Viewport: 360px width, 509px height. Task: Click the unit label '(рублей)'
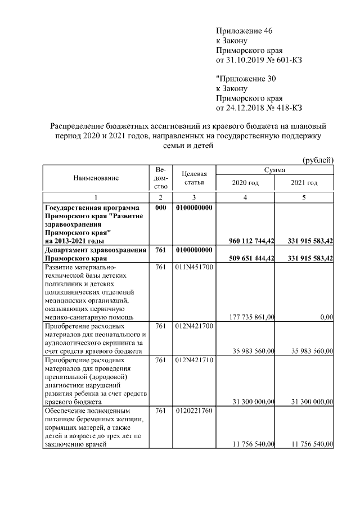318,160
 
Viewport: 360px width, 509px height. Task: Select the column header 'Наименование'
96,178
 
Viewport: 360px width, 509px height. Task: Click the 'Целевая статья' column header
193,178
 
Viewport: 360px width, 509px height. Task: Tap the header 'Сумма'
274,169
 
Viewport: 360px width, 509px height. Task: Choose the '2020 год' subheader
245,183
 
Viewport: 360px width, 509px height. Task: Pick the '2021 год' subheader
304,183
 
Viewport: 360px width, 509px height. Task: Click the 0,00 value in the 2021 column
326,317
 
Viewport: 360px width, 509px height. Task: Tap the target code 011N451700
193,267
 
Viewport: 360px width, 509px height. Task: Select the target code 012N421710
193,360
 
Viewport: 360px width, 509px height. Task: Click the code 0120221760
193,411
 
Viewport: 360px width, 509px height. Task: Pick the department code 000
160,208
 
